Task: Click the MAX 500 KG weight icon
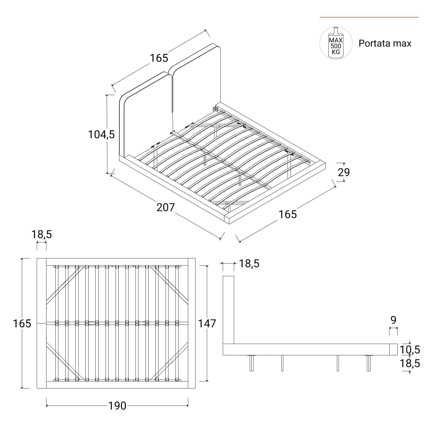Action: (x=336, y=43)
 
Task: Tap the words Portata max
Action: (x=385, y=43)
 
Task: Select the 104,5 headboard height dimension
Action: (x=102, y=134)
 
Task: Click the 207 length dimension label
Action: (x=166, y=207)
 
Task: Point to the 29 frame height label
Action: (x=344, y=172)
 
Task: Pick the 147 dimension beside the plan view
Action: (x=207, y=323)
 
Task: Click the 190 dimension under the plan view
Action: (x=117, y=406)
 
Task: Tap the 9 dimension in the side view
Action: (x=393, y=320)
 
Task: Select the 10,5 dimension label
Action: (x=410, y=350)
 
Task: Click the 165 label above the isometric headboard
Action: (x=159, y=58)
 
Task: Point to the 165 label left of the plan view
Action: (x=22, y=323)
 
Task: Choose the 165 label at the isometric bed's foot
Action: (x=288, y=214)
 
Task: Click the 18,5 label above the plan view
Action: (x=42, y=234)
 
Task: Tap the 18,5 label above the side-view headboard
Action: (x=249, y=263)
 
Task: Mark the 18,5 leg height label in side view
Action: (x=410, y=363)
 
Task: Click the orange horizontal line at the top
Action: (x=369, y=17)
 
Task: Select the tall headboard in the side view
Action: (x=228, y=310)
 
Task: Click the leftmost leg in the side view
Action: (x=252, y=363)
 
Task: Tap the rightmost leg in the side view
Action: (x=369, y=363)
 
